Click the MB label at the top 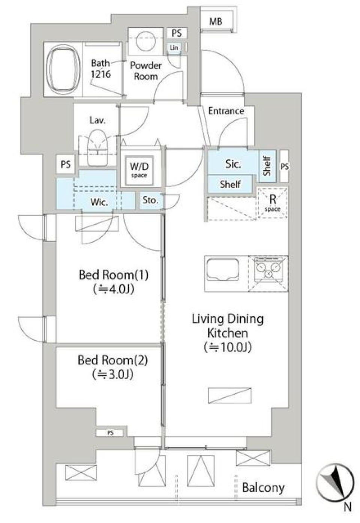point(216,21)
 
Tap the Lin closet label point(174,48)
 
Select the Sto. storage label point(150,200)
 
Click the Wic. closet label point(99,202)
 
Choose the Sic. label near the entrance point(233,164)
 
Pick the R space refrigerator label point(273,203)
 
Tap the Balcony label point(263,488)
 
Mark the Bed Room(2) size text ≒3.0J point(113,374)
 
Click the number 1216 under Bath point(101,74)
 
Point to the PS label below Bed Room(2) point(110,433)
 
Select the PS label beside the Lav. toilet point(66,164)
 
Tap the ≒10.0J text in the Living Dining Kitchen point(228,347)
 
